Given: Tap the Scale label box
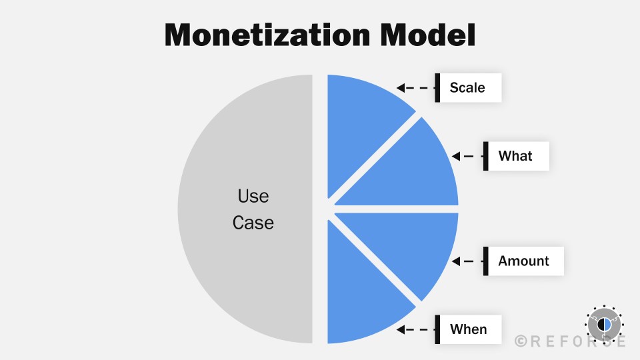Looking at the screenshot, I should pyautogui.click(x=468, y=87).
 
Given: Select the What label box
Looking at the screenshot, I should pyautogui.click(x=516, y=156).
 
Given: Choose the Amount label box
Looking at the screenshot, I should pyautogui.click(x=524, y=261).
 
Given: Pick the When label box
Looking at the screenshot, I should pyautogui.click(x=468, y=329).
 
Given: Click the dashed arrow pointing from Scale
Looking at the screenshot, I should pyautogui.click(x=414, y=87).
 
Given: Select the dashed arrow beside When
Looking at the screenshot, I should pyautogui.click(x=414, y=329).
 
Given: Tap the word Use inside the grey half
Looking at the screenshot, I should pyautogui.click(x=253, y=197).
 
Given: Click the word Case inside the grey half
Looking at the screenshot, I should pyautogui.click(x=253, y=222).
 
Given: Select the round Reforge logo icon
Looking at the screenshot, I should pyautogui.click(x=603, y=324).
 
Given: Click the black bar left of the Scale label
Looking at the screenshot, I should pyautogui.click(x=437, y=87).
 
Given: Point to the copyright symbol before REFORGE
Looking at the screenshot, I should pyautogui.click(x=521, y=341).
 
